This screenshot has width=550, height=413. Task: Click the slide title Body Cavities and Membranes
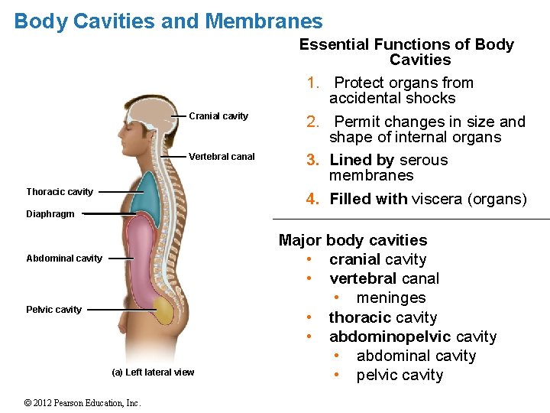pyautogui.click(x=168, y=21)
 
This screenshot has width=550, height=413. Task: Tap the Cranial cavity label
pyautogui.click(x=218, y=116)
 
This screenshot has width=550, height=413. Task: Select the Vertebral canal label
pyautogui.click(x=222, y=157)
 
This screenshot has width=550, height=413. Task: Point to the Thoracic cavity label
pyautogui.click(x=60, y=192)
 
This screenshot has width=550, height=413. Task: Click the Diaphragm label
pyautogui.click(x=50, y=214)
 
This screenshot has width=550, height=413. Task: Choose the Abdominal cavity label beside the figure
pyautogui.click(x=64, y=259)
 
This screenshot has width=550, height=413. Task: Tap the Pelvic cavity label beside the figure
pyautogui.click(x=54, y=310)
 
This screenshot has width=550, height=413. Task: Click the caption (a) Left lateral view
pyautogui.click(x=153, y=372)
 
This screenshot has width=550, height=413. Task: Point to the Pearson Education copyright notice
pyautogui.click(x=82, y=403)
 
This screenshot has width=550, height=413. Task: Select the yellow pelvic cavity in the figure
pyautogui.click(x=163, y=310)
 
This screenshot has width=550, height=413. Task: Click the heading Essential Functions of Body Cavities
pyautogui.click(x=407, y=52)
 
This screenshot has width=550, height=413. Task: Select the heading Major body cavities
pyautogui.click(x=353, y=240)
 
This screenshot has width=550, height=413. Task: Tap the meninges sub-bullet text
pyautogui.click(x=390, y=298)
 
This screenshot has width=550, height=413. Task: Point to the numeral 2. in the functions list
pyautogui.click(x=312, y=122)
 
